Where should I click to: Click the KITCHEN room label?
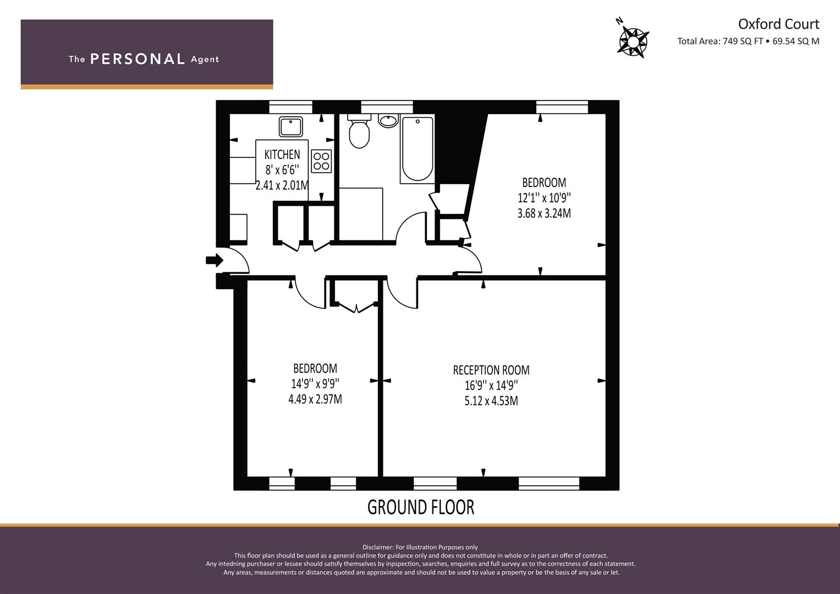(x=282, y=155)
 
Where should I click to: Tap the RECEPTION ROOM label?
(x=491, y=370)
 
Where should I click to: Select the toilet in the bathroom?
(x=359, y=131)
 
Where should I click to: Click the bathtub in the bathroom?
(x=418, y=149)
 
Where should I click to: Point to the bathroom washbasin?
(x=388, y=121)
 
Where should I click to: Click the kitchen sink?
(x=290, y=127)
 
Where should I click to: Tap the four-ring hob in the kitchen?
(x=321, y=161)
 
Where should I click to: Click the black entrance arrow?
(x=215, y=260)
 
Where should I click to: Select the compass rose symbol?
(x=633, y=42)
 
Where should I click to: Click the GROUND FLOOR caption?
(x=421, y=507)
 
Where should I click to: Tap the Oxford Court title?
(x=778, y=24)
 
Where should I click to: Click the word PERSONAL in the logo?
(x=138, y=59)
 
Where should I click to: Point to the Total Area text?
(x=748, y=41)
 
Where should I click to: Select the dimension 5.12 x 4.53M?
(x=491, y=401)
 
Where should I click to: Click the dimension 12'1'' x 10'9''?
(x=544, y=197)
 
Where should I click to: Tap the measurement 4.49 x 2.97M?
(x=315, y=399)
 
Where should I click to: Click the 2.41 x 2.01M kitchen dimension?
(x=282, y=185)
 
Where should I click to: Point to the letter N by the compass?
(x=619, y=21)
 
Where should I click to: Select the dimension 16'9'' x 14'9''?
(x=491, y=386)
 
